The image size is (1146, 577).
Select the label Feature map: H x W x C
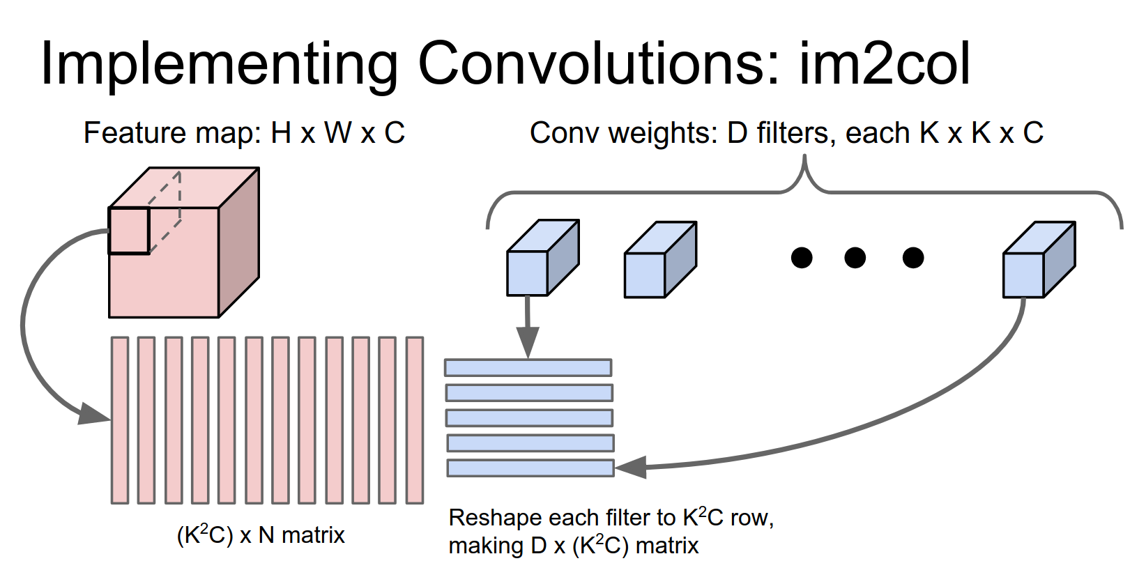tap(244, 132)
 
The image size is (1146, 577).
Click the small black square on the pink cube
tap(129, 231)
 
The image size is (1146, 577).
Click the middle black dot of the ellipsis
tap(855, 258)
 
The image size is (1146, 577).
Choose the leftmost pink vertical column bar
tap(120, 420)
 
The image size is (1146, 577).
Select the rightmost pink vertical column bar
tap(415, 420)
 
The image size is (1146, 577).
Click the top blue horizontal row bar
tap(528, 367)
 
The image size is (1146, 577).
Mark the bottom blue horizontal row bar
tap(530, 468)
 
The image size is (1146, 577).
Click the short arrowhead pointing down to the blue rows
tap(528, 341)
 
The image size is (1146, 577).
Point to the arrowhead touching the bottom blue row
tap(630, 467)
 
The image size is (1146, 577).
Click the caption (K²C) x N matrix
tap(261, 535)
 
